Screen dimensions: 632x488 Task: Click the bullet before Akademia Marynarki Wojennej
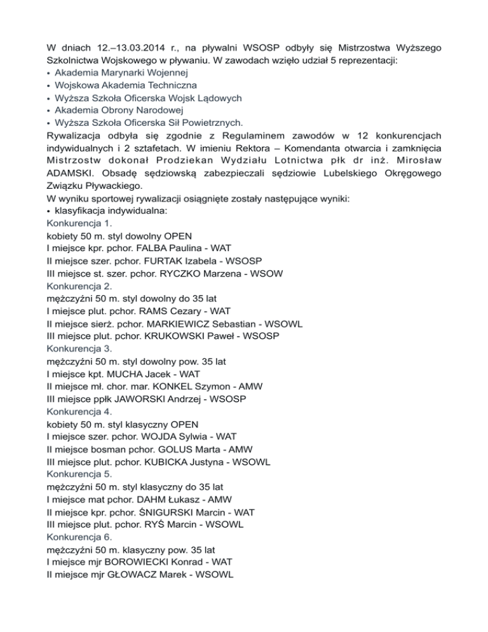(x=49, y=72)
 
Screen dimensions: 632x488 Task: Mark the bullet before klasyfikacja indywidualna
(x=49, y=211)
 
